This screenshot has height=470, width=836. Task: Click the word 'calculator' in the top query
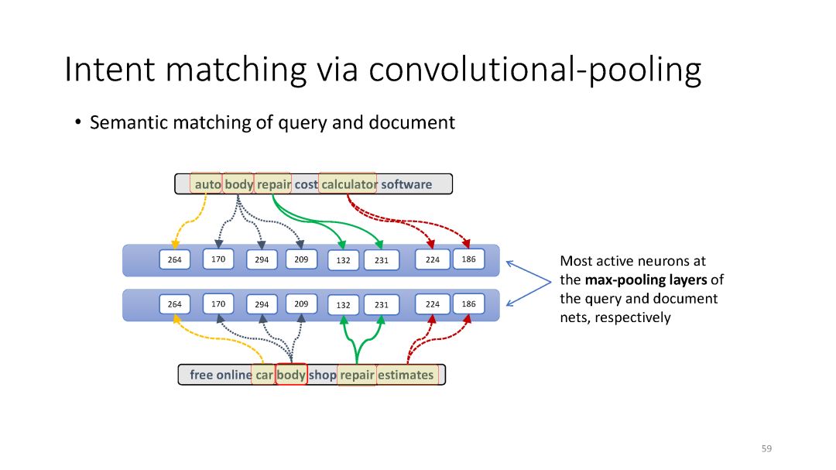[348, 184]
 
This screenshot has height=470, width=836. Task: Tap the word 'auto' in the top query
[207, 184]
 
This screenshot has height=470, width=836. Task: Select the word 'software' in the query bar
[406, 184]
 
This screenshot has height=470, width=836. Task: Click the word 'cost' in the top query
[306, 184]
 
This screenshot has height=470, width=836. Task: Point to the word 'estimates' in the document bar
[406, 375]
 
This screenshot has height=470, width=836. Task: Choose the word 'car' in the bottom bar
[265, 375]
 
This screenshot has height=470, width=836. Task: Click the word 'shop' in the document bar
[323, 375]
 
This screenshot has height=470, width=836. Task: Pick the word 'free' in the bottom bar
[201, 375]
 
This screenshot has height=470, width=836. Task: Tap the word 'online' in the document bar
[234, 375]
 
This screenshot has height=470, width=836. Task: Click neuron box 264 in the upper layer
[175, 260]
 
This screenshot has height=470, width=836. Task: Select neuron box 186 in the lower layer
[468, 304]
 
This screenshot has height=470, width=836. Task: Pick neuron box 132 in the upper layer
[343, 261]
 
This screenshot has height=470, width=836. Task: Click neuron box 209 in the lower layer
[301, 304]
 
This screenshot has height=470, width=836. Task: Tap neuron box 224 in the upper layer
[432, 260]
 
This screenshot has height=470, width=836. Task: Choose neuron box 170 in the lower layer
[218, 304]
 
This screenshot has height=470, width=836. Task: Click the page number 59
[766, 448]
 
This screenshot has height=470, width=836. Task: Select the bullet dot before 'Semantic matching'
[78, 123]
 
